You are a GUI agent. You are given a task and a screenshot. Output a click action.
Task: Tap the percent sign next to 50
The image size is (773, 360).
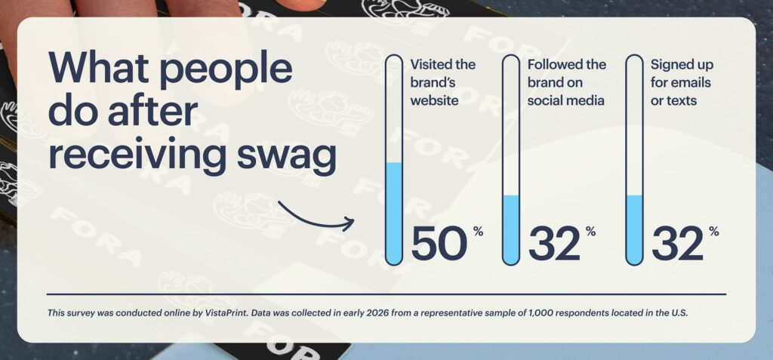click(478, 231)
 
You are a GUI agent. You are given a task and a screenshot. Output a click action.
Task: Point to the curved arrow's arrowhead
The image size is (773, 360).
click(349, 223)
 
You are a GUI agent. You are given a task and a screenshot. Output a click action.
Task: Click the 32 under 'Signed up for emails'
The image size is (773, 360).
click(678, 244)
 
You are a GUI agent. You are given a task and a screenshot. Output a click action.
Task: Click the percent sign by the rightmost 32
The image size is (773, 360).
click(714, 231)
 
